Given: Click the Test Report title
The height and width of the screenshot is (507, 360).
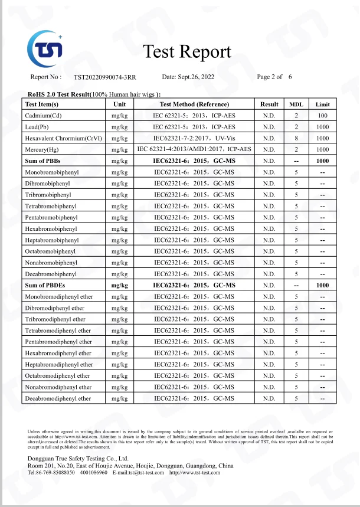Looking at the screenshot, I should [x=187, y=52].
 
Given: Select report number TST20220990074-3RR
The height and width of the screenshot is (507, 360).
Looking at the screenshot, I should [x=104, y=77].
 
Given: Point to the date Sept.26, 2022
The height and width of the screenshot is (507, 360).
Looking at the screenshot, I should [x=188, y=77].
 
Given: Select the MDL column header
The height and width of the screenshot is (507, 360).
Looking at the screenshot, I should [x=296, y=104].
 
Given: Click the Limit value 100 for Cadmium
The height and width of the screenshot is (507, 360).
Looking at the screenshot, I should [x=322, y=116].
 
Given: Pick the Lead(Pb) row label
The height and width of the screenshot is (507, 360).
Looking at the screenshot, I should [x=40, y=127].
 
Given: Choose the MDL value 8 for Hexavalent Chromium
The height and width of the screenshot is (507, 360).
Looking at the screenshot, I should [x=296, y=138].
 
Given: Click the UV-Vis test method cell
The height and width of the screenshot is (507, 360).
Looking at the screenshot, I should [x=194, y=138].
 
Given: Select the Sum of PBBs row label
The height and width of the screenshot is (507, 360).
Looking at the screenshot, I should [x=43, y=161].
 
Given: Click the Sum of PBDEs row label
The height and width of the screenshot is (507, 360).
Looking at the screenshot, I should [x=45, y=285].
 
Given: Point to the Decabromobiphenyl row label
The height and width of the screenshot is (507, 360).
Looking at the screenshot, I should [x=51, y=274].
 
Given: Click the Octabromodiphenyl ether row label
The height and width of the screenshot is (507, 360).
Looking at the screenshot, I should [x=58, y=375].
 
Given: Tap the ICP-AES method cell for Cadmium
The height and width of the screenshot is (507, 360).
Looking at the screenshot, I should [x=194, y=116].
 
